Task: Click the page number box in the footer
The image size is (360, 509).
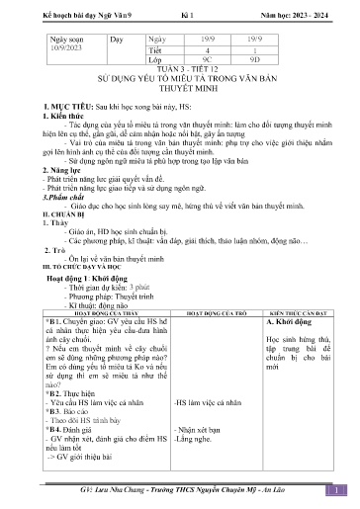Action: pos(337,488)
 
